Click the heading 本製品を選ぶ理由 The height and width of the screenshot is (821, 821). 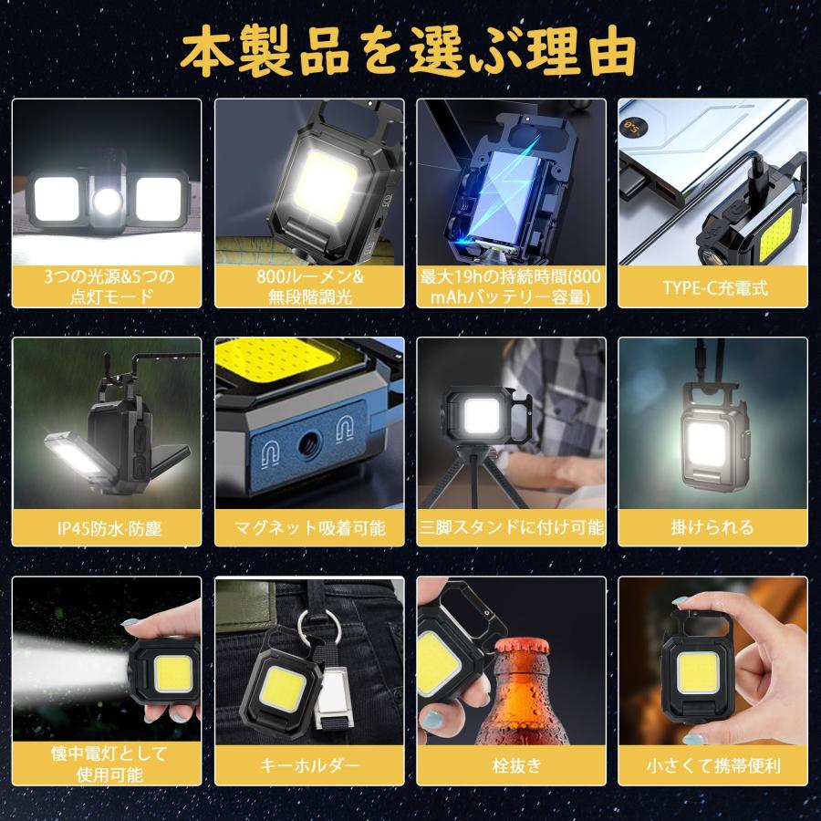click(x=409, y=52)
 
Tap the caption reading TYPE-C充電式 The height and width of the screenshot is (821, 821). click(x=714, y=288)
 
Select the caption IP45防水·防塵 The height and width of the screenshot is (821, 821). click(x=108, y=527)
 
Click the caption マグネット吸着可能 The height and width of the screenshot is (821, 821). click(x=309, y=527)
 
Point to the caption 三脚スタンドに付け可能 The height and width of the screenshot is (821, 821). click(x=511, y=527)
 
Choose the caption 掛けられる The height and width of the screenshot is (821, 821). click(x=714, y=527)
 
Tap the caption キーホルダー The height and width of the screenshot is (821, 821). click(x=309, y=765)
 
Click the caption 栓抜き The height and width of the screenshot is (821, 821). click(x=511, y=765)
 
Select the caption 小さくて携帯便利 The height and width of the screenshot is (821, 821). click(x=714, y=765)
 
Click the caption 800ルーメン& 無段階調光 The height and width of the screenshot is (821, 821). click(x=309, y=287)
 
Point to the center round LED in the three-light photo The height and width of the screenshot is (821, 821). click(x=107, y=197)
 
